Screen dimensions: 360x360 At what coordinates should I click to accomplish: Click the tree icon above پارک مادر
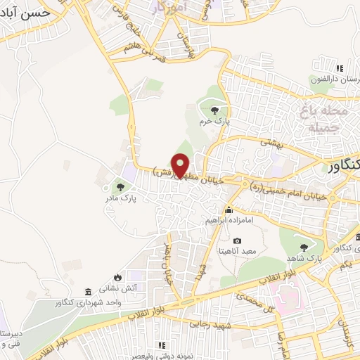pyautogui.click(x=120, y=187)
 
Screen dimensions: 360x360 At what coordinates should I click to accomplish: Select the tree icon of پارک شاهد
pyautogui.click(x=303, y=247)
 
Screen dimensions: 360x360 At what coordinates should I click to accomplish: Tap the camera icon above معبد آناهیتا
pyautogui.click(x=237, y=241)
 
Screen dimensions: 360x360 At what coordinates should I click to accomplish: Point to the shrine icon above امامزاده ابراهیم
pyautogui.click(x=229, y=210)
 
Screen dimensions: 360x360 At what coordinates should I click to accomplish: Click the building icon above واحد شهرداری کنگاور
pyautogui.click(x=87, y=292)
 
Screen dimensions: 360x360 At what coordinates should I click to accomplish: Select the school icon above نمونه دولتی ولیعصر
pyautogui.click(x=161, y=345)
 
